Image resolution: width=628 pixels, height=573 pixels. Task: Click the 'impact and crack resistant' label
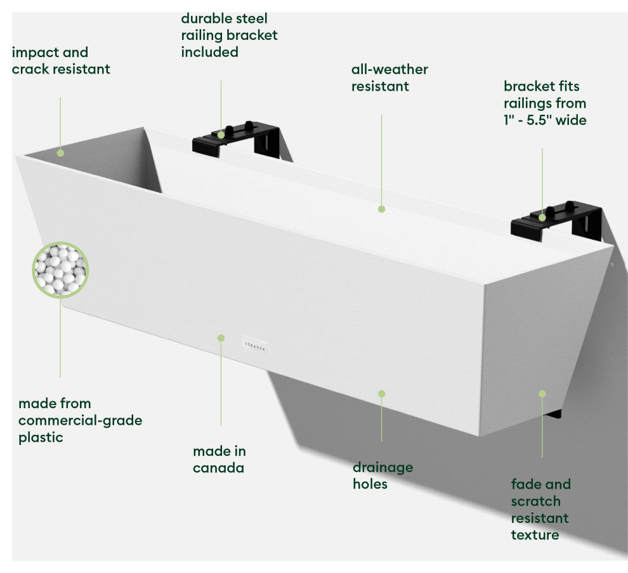click(x=61, y=61)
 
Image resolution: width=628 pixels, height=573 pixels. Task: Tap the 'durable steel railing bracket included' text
click(x=229, y=35)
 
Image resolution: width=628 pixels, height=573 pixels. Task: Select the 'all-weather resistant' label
click(x=389, y=78)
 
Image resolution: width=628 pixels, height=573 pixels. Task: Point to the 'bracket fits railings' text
click(x=545, y=103)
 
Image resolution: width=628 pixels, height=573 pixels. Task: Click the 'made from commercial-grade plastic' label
click(x=80, y=420)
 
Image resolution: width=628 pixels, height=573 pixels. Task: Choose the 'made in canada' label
click(x=219, y=460)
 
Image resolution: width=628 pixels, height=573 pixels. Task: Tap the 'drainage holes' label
click(x=383, y=475)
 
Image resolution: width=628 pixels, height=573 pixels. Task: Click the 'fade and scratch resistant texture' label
click(x=541, y=510)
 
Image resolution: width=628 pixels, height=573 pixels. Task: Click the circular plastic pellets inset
click(x=60, y=270)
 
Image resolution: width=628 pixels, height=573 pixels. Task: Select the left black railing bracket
click(x=238, y=139)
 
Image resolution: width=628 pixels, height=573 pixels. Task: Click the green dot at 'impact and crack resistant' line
click(x=60, y=152)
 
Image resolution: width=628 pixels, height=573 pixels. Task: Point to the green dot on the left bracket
click(x=221, y=134)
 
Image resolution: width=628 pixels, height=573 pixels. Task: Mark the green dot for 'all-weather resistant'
click(x=381, y=209)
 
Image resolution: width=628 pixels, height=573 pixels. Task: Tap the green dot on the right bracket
click(x=542, y=217)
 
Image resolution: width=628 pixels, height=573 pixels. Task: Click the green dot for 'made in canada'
click(x=221, y=338)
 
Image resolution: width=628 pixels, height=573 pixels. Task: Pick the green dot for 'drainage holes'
click(x=381, y=394)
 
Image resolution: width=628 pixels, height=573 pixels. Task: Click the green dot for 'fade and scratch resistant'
click(x=542, y=394)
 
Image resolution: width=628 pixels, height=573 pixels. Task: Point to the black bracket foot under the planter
click(x=553, y=415)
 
